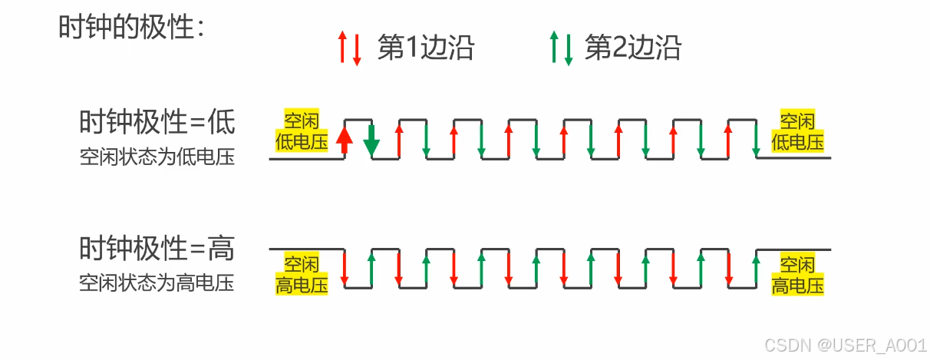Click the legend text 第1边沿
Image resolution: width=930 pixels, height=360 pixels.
click(426, 48)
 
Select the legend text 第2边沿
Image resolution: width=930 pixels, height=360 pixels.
click(633, 48)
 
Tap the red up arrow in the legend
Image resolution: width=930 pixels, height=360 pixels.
click(342, 48)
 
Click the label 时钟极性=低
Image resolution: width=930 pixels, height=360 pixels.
click(157, 122)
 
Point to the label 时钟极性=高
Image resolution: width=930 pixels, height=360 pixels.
click(157, 249)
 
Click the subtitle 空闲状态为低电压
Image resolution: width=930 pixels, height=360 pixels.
click(157, 158)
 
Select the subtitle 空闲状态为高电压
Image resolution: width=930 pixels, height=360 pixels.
click(157, 283)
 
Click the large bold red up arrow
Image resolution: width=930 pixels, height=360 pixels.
click(345, 139)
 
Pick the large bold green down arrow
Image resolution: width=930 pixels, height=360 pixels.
click(372, 139)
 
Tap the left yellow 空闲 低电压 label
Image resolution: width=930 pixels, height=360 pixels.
click(302, 130)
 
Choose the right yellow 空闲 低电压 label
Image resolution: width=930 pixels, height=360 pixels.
click(797, 130)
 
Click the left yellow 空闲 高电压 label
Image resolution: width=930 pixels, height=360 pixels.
click(302, 276)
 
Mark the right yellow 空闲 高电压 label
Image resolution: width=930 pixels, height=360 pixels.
click(797, 276)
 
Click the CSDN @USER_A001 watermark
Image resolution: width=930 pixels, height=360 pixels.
click(859, 345)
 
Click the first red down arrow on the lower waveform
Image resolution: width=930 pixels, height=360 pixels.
click(345, 268)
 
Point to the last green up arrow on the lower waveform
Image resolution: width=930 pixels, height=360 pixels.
click(756, 268)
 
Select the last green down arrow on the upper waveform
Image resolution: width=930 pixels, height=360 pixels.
click(756, 139)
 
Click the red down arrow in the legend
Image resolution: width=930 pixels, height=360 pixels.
click(356, 51)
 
